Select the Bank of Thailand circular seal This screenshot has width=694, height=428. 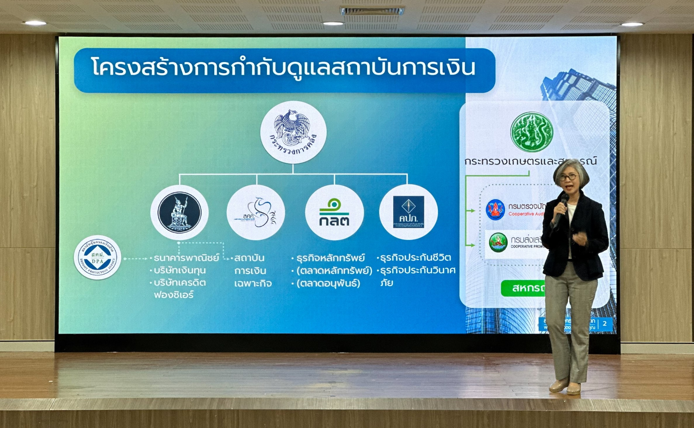[179, 213]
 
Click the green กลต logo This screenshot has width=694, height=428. [334, 213]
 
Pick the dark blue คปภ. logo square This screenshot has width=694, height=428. [409, 212]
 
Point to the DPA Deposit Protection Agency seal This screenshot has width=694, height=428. [97, 258]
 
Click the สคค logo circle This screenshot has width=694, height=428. [256, 213]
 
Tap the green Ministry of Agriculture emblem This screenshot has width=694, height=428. [532, 132]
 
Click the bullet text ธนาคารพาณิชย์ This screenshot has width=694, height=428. [186, 258]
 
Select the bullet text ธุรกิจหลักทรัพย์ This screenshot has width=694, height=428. [330, 258]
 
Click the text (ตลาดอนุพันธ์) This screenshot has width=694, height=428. [328, 283]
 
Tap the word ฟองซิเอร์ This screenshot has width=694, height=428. [174, 295]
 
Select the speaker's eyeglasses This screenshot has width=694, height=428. [569, 177]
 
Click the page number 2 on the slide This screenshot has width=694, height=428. [605, 324]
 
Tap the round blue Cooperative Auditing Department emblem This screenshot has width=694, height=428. [495, 210]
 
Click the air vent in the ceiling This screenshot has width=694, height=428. [372, 11]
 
